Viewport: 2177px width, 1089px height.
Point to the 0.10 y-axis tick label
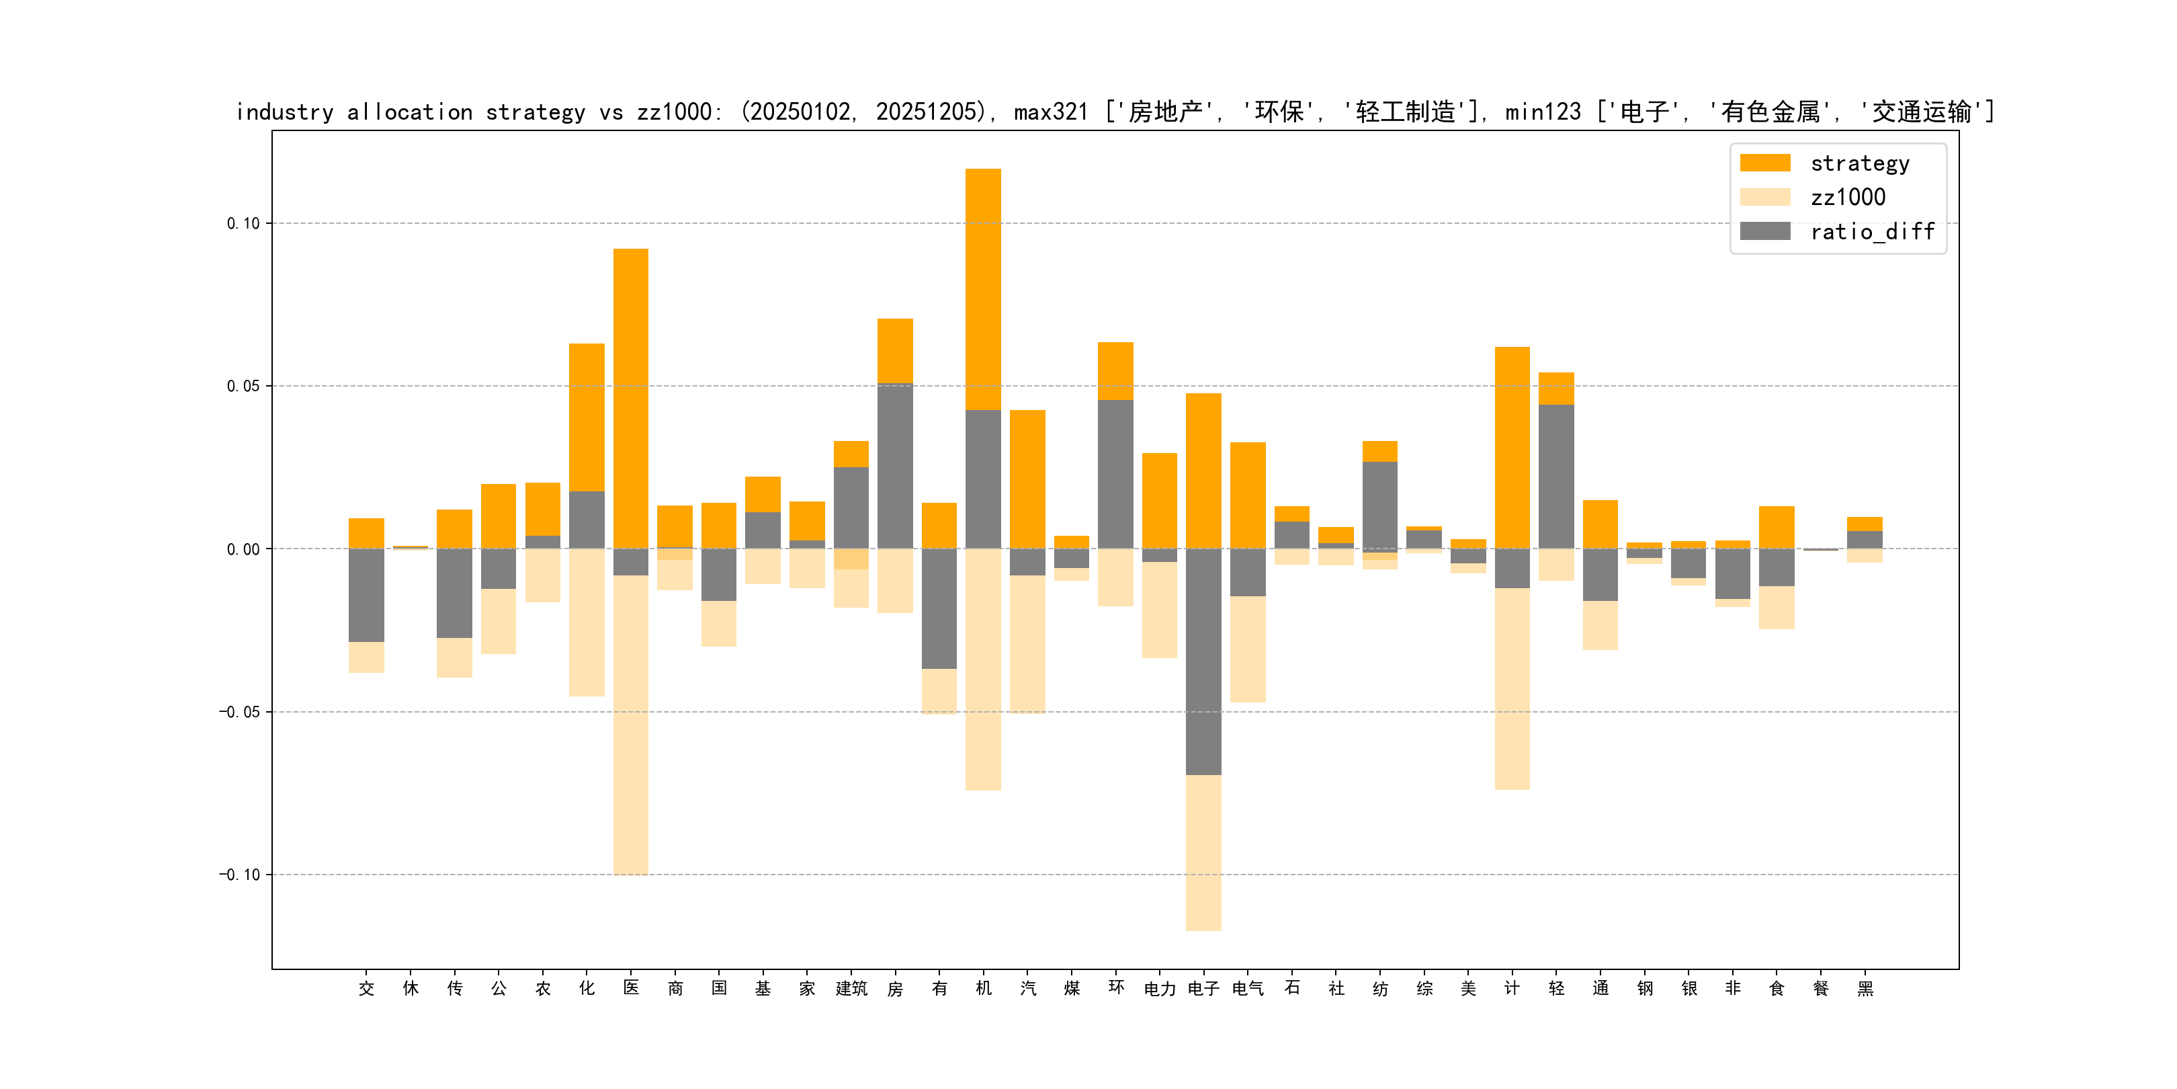[x=243, y=224]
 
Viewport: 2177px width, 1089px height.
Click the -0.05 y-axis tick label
[x=239, y=712]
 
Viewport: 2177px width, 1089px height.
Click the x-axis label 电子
[x=1203, y=988]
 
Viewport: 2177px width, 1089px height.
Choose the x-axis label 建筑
[x=851, y=988]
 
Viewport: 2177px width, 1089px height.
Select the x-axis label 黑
[x=1865, y=988]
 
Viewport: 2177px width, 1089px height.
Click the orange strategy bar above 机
[x=983, y=288]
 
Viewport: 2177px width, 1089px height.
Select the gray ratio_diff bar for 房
[x=895, y=466]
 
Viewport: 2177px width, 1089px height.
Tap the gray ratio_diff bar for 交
[x=366, y=595]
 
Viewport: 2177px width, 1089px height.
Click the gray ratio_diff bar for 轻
[x=1556, y=476]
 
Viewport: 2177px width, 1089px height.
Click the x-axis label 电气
[x=1247, y=988]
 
